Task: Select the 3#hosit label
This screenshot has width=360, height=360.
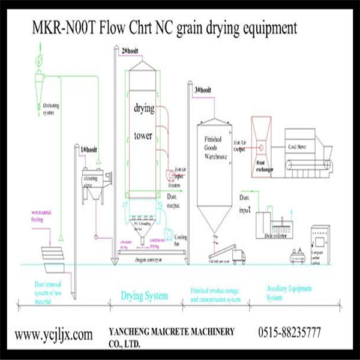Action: click(202, 90)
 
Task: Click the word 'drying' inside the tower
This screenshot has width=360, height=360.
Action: click(144, 109)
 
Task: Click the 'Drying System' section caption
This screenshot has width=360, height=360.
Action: click(144, 296)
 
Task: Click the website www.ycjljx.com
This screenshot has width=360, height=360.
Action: click(53, 334)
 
